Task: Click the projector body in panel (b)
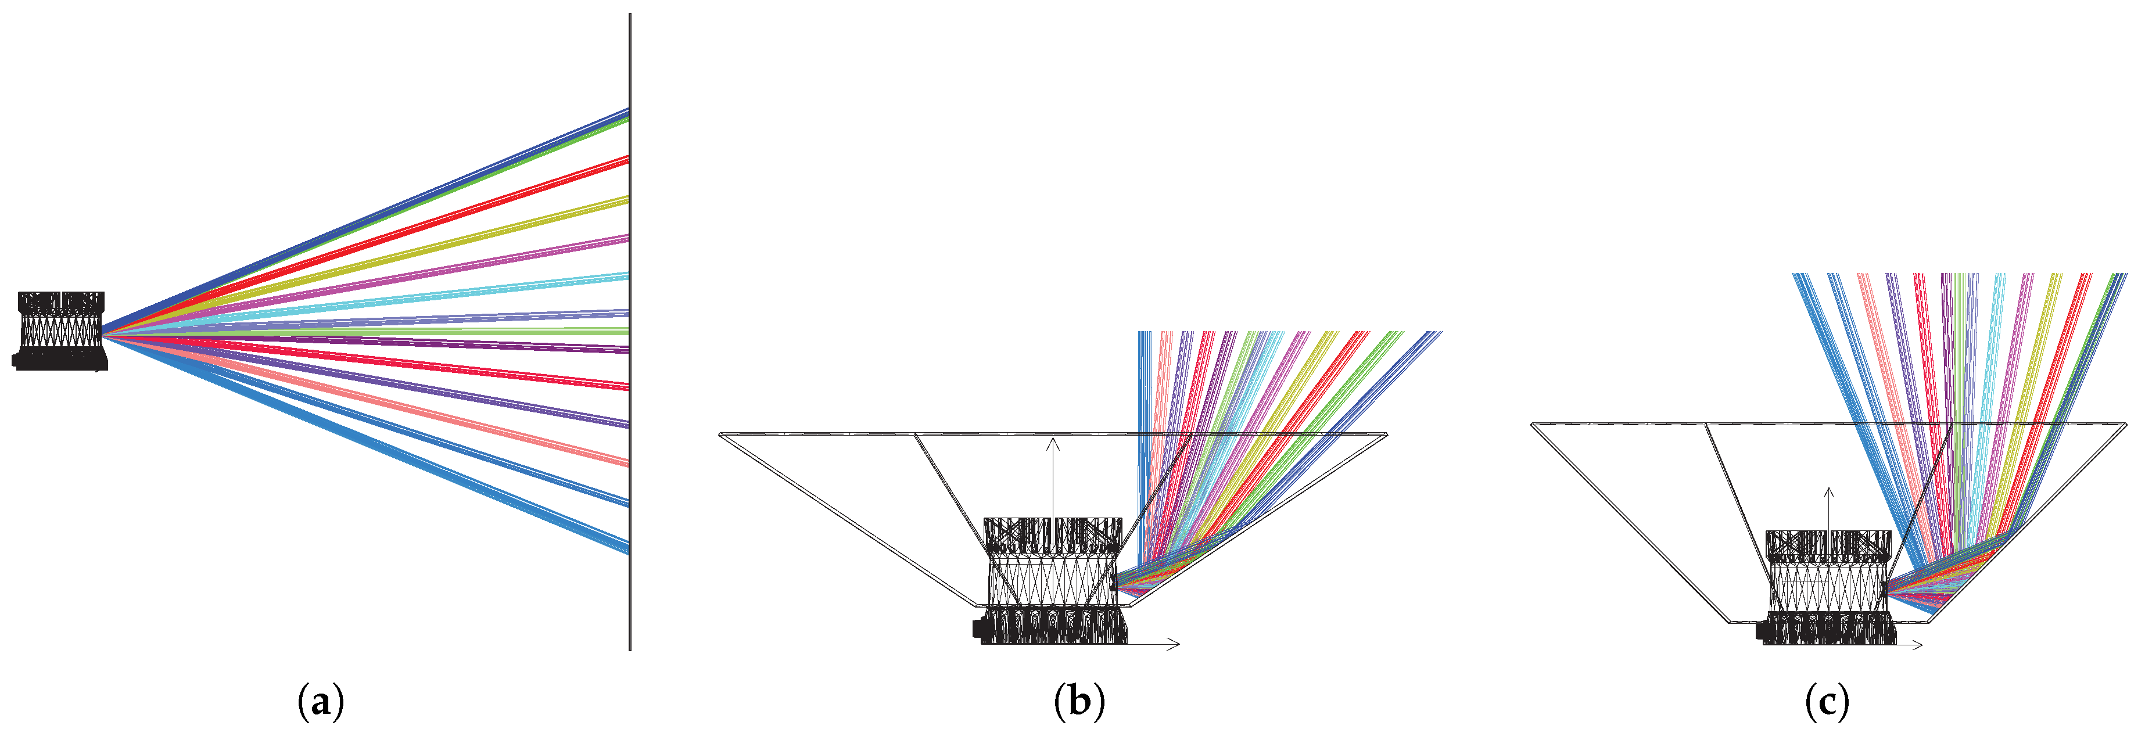1053,583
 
